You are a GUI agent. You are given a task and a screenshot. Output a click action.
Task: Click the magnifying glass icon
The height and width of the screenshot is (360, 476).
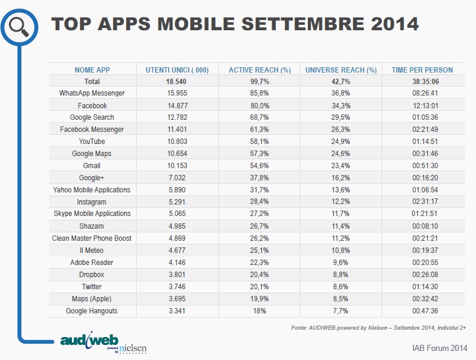pyautogui.click(x=19, y=25)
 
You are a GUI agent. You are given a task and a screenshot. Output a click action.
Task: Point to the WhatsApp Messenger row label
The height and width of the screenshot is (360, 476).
pyautogui.click(x=92, y=93)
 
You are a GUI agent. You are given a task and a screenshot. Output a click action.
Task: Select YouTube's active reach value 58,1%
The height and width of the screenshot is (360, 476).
pyautogui.click(x=260, y=142)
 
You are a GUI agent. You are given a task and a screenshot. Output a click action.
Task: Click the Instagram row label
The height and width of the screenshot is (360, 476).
pyautogui.click(x=92, y=201)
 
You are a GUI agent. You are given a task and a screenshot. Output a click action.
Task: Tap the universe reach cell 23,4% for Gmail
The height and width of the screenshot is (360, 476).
pyautogui.click(x=342, y=165)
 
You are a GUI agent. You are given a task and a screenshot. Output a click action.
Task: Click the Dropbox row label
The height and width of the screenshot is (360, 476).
pyautogui.click(x=92, y=274)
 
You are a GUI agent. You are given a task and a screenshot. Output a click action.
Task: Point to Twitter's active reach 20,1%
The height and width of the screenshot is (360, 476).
pyautogui.click(x=260, y=286)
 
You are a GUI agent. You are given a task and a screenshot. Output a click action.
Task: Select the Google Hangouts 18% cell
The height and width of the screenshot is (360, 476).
pyautogui.click(x=260, y=310)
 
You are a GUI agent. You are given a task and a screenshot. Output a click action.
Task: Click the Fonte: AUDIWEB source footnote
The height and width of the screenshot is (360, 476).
pyautogui.click(x=379, y=327)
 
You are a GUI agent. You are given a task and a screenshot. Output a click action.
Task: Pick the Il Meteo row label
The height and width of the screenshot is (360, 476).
pyautogui.click(x=92, y=250)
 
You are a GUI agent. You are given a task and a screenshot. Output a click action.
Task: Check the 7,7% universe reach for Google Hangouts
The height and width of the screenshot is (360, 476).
pyautogui.click(x=342, y=310)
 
